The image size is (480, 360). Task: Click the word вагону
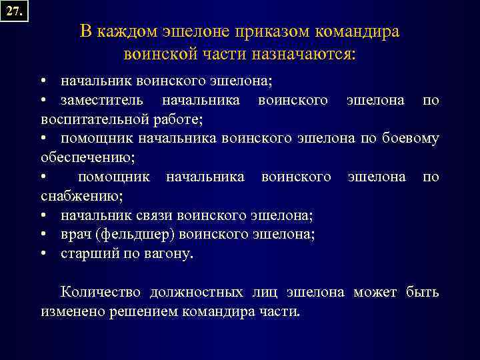(x=165, y=254)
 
